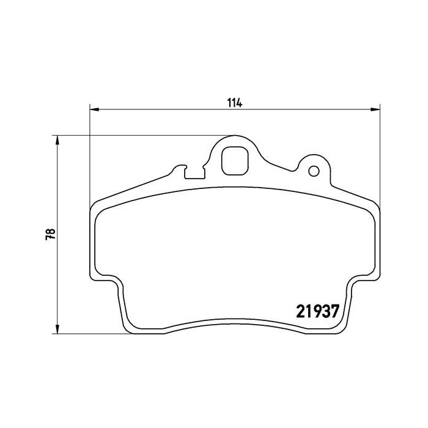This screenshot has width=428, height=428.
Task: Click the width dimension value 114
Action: [236, 103]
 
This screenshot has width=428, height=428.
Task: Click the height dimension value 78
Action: [52, 234]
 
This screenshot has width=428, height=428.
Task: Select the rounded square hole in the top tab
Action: [234, 161]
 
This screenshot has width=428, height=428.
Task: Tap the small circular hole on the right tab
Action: [313, 170]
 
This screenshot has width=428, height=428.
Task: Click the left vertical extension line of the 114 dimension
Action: [90, 153]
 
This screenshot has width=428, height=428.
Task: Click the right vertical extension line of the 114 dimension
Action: [380, 153]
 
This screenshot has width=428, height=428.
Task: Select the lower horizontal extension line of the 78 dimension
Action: [92, 334]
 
